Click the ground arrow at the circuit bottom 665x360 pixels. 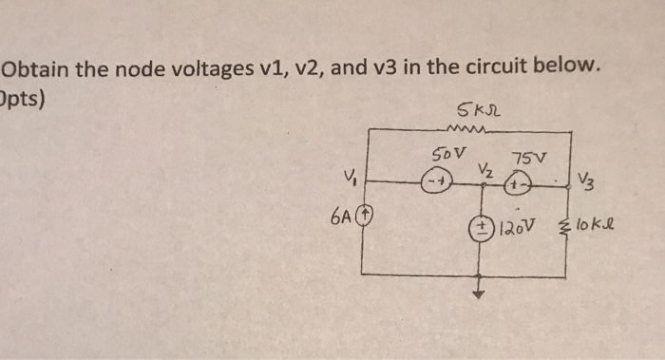click(480, 294)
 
